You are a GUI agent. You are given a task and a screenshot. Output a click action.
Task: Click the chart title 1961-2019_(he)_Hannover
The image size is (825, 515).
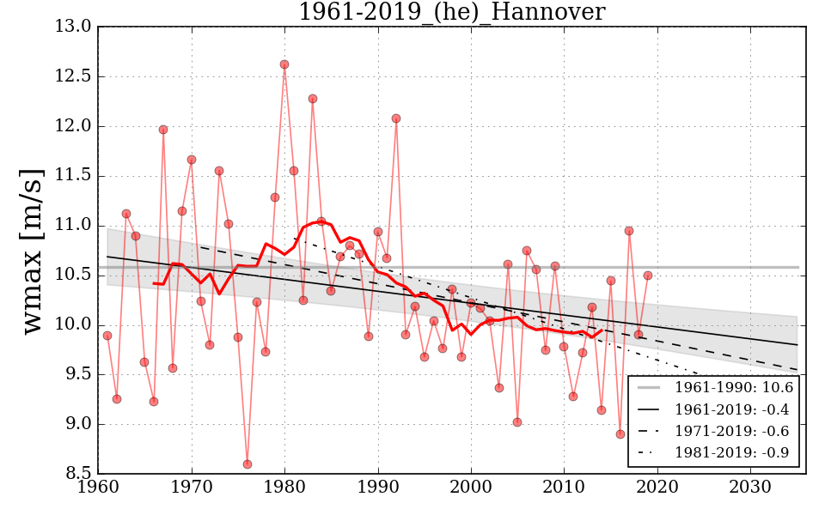pyautogui.click(x=451, y=12)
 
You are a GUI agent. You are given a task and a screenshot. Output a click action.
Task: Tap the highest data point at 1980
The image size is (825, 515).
pyautogui.click(x=284, y=64)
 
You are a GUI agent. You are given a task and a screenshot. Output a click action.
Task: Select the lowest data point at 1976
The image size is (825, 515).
pyautogui.click(x=247, y=464)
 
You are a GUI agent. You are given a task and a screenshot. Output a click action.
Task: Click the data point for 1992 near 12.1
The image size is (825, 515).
pyautogui.click(x=396, y=118)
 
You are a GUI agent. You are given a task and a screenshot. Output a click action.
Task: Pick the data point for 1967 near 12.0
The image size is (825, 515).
pyautogui.click(x=163, y=130)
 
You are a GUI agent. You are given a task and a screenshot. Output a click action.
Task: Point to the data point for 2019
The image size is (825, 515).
pyautogui.click(x=648, y=276)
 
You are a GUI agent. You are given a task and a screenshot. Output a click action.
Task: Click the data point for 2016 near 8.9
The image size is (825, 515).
pyautogui.click(x=620, y=434)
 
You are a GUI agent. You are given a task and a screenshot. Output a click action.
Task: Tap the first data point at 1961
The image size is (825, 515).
pyautogui.click(x=107, y=336)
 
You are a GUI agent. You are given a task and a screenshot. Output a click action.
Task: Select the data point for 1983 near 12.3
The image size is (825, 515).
pyautogui.click(x=313, y=99)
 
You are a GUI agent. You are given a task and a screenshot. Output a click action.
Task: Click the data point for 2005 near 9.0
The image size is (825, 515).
pyautogui.click(x=517, y=422)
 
